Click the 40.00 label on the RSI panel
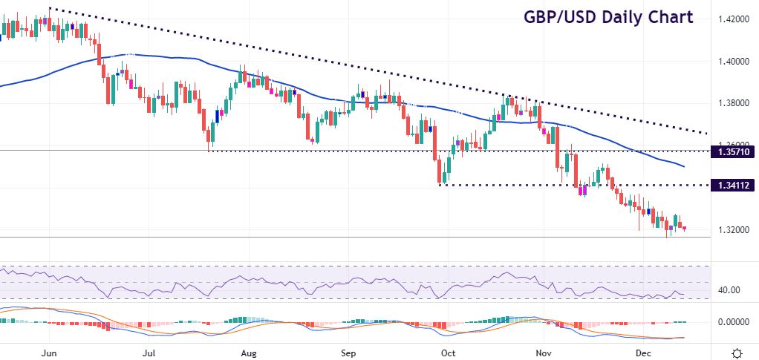point(729,290)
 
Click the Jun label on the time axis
point(50,353)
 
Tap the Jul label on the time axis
point(149,353)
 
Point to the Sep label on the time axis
point(348,353)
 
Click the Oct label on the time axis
point(446,353)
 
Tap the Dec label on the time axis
point(643,353)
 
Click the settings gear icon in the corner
point(737,353)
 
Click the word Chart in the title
point(667,17)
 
